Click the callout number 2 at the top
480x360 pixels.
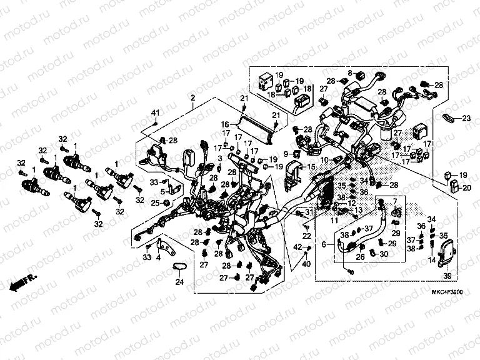(x=193, y=98)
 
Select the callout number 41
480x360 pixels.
(x=156, y=112)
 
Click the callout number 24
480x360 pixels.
(x=180, y=283)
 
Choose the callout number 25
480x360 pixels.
(x=155, y=202)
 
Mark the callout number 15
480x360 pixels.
(x=311, y=167)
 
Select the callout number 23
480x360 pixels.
(x=466, y=117)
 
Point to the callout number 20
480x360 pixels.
(x=467, y=187)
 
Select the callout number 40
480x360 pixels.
(x=306, y=265)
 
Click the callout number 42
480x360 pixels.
(x=297, y=249)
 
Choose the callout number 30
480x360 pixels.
(x=383, y=254)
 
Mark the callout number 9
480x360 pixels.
(x=286, y=153)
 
